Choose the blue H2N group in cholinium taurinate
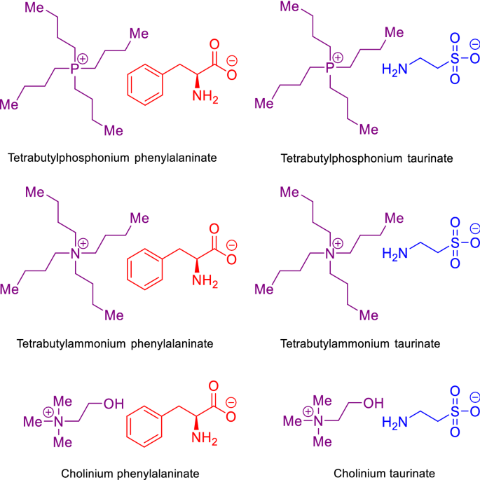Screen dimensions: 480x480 [394, 422]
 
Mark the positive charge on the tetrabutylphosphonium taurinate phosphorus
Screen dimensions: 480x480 [338, 56]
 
